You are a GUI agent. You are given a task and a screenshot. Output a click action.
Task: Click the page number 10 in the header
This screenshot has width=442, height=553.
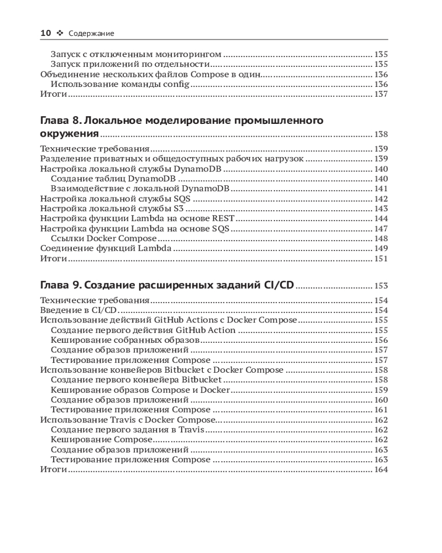pyautogui.click(x=46, y=33)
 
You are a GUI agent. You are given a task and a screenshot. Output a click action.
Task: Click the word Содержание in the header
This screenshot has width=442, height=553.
pyautogui.click(x=91, y=34)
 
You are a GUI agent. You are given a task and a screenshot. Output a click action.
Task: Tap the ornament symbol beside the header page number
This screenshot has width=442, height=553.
pyautogui.click(x=60, y=33)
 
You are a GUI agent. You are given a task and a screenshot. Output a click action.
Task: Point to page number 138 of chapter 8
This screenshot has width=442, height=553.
pyautogui.click(x=381, y=134)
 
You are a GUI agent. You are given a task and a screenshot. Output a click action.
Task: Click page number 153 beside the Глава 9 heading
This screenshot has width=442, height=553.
pyautogui.click(x=381, y=286)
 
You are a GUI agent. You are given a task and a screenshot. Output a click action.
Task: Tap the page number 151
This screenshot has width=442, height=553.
pyautogui.click(x=381, y=259)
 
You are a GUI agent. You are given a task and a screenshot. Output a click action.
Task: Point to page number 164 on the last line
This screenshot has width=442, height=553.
pyautogui.click(x=381, y=469)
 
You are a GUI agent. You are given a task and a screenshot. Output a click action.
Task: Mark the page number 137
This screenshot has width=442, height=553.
pyautogui.click(x=381, y=94)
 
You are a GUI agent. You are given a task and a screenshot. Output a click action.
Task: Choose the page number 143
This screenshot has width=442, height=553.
pyautogui.click(x=381, y=209)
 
